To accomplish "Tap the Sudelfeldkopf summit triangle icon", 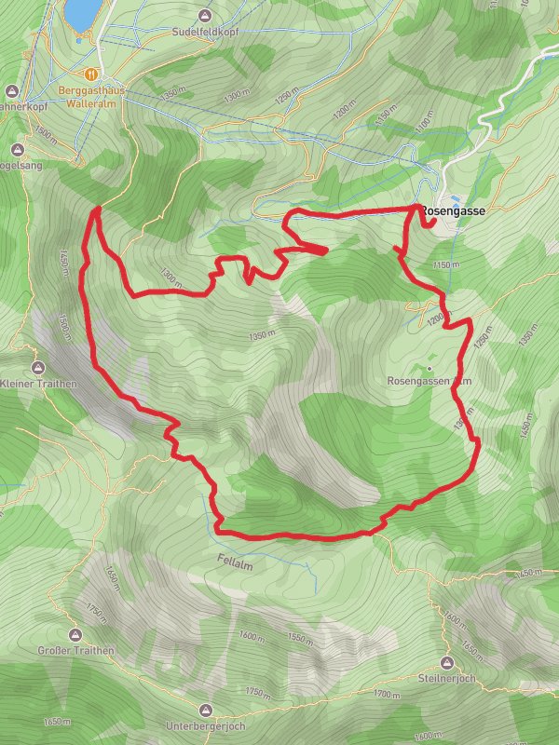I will coord(205,15).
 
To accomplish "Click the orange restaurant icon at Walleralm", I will coord(91,73).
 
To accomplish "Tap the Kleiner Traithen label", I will coord(37,384).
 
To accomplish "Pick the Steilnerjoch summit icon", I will coord(447,662).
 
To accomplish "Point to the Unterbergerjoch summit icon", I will coord(204,709).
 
